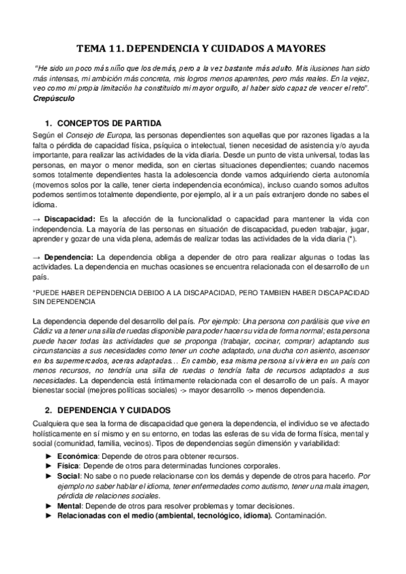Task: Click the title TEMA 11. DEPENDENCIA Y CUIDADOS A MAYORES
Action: point(203,49)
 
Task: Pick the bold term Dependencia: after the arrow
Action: point(68,257)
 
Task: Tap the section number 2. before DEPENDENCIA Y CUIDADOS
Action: point(49,411)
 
